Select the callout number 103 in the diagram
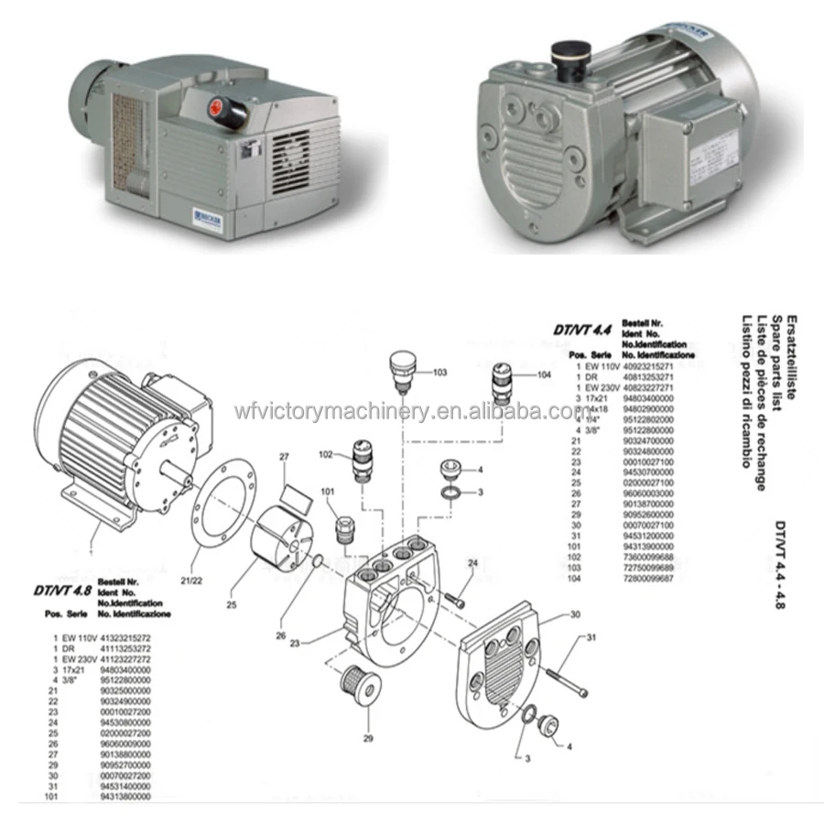coord(439,373)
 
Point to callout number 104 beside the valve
coord(544,375)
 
